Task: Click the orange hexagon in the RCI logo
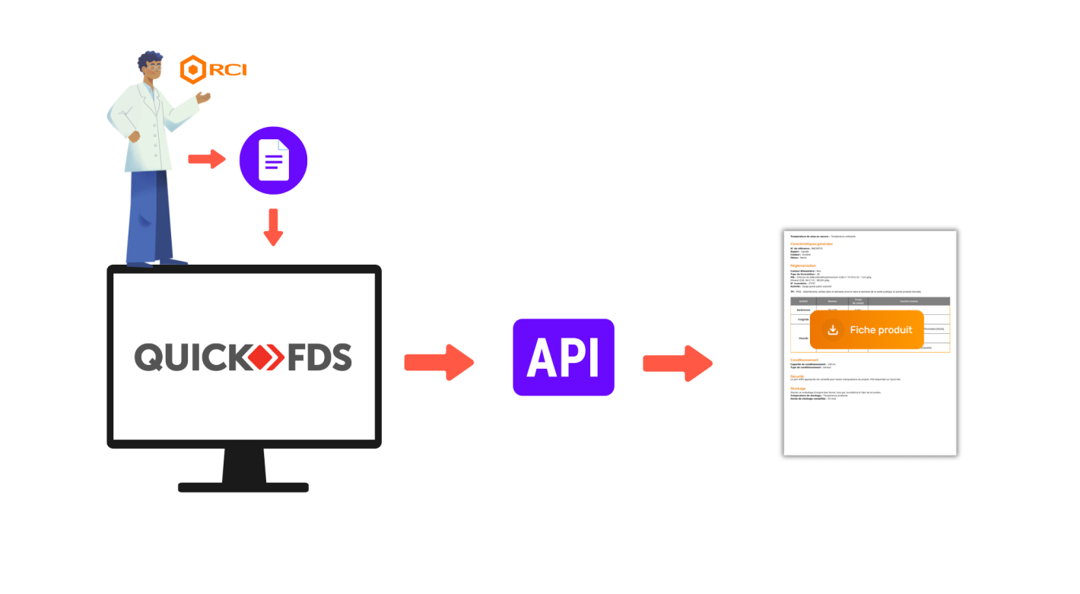[x=193, y=70]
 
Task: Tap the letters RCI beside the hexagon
[x=227, y=70]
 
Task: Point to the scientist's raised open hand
[x=203, y=97]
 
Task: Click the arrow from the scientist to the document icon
[x=207, y=159]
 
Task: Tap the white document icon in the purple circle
[x=273, y=160]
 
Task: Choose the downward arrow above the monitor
[x=273, y=227]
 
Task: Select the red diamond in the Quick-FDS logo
[x=269, y=357]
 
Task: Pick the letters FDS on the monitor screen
[x=319, y=357]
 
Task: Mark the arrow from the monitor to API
[x=438, y=362]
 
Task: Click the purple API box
[x=563, y=357]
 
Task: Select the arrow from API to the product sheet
[x=677, y=363]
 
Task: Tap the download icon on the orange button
[x=833, y=330]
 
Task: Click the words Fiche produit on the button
[x=881, y=330]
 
